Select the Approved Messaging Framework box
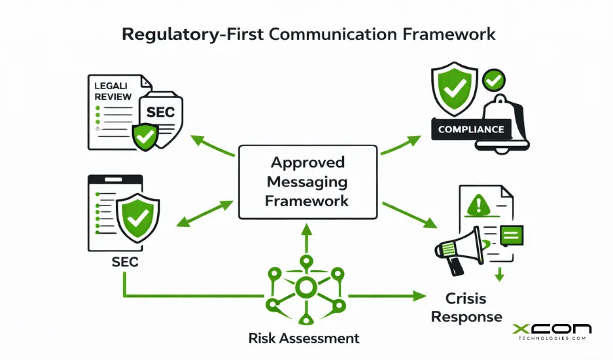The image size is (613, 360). (x=307, y=181)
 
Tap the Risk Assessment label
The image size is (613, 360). (x=304, y=338)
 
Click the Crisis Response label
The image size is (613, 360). (x=466, y=308)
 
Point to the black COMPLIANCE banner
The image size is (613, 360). (x=471, y=129)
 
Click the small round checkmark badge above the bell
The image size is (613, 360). (x=494, y=81)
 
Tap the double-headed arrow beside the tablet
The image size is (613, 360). (x=205, y=215)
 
